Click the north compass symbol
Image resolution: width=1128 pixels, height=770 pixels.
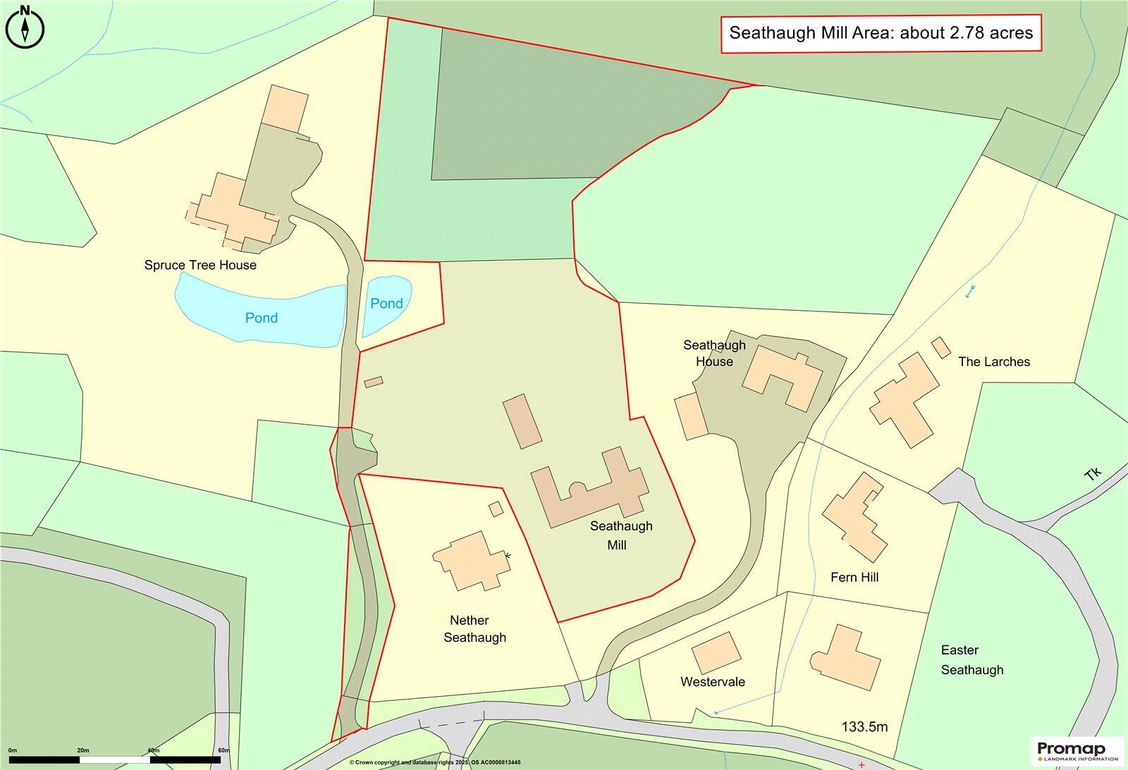point(25,27)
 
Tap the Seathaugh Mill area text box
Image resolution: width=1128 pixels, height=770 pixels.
point(881,33)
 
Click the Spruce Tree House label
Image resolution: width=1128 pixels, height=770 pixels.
point(200,266)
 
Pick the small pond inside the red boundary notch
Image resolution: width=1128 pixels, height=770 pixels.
point(386,304)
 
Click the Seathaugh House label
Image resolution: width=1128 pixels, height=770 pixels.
point(714,353)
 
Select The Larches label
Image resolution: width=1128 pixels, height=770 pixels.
point(994,362)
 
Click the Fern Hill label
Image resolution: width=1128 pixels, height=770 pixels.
point(854,578)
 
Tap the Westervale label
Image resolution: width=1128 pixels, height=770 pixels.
point(712,682)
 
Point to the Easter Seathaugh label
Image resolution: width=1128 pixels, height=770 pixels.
point(971,660)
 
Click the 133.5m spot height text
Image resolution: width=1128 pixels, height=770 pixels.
point(864,727)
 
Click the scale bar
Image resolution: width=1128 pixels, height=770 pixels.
point(115,760)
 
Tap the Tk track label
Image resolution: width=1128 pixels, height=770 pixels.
point(1093,473)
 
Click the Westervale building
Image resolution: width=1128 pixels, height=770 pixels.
point(716,652)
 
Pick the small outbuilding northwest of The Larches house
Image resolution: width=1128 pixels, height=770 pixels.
point(940,348)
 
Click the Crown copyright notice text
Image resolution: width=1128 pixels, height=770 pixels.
point(434,763)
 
